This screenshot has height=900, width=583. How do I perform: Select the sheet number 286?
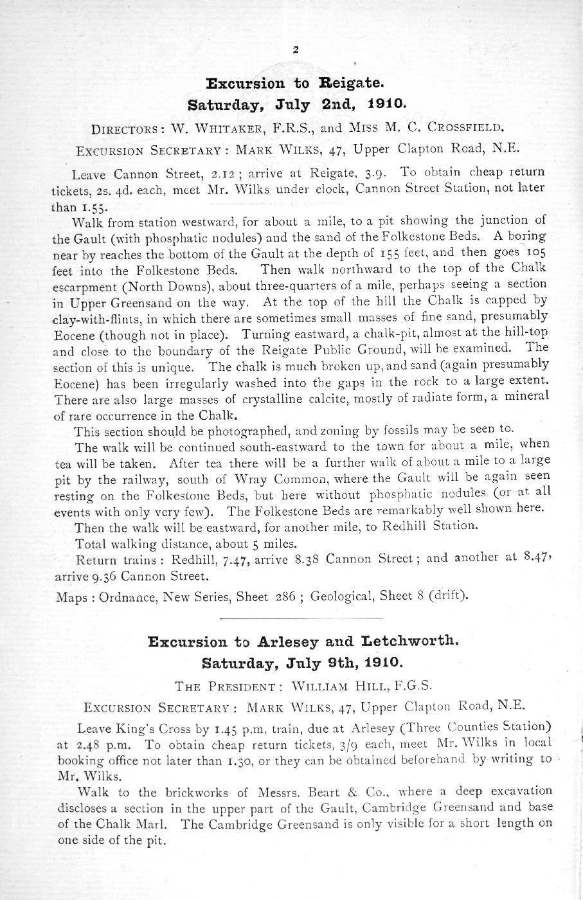[284, 596]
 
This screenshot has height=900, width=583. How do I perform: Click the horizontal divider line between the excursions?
[293, 618]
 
